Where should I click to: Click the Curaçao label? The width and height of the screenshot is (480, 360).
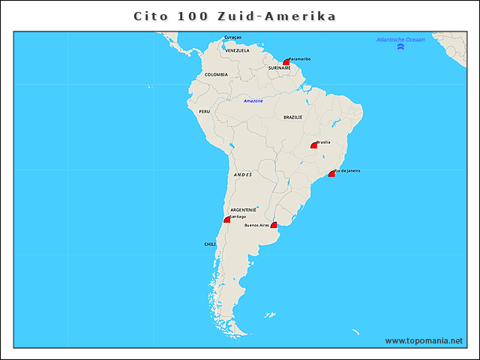click(x=233, y=37)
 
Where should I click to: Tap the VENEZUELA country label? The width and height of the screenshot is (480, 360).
click(x=237, y=50)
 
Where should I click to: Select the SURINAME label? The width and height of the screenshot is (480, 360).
click(x=279, y=67)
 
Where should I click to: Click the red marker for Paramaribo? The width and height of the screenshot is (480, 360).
click(x=286, y=62)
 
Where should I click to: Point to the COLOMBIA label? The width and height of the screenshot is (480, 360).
click(x=216, y=74)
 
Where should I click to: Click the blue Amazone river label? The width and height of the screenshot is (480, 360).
click(x=253, y=100)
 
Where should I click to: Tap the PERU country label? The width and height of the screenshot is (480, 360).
click(x=204, y=111)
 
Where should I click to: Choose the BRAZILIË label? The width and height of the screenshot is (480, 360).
click(x=292, y=118)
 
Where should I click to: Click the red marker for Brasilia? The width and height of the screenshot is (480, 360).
click(x=314, y=145)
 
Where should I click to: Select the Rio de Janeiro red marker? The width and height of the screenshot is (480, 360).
click(x=331, y=174)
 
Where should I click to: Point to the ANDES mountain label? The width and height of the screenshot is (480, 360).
click(x=243, y=174)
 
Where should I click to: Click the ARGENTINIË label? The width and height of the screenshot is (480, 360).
click(x=244, y=209)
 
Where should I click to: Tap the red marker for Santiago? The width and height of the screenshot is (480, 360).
click(x=227, y=220)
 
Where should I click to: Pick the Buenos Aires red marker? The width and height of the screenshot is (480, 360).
click(x=274, y=225)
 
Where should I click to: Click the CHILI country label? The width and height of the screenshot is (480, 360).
click(x=210, y=244)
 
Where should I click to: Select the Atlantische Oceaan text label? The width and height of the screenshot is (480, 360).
click(x=400, y=39)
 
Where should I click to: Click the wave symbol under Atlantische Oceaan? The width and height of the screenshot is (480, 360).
click(x=401, y=47)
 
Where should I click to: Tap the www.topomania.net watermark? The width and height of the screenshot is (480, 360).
click(x=424, y=340)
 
